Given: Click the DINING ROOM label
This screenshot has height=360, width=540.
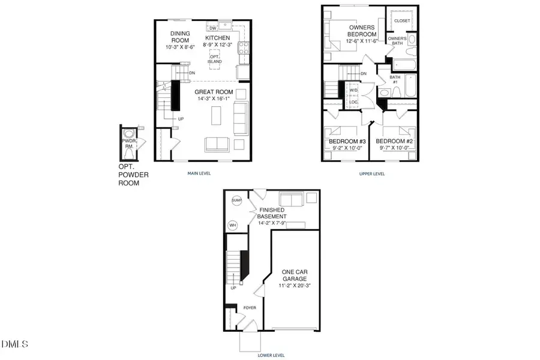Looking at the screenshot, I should (x=180, y=37).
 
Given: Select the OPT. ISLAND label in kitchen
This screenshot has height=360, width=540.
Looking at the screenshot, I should (x=215, y=58).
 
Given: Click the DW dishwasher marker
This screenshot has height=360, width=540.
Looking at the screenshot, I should (x=212, y=28).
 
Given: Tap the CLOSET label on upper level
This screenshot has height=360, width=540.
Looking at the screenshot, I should (x=403, y=21).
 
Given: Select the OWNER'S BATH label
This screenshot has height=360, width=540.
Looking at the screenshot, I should (x=398, y=41).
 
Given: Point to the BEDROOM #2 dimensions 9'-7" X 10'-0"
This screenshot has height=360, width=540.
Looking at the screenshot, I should (x=392, y=148).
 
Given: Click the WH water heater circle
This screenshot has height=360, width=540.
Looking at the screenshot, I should (x=233, y=226).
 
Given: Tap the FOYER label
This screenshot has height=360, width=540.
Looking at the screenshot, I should (x=249, y=308).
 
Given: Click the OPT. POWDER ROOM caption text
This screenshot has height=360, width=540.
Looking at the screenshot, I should (x=133, y=175).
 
